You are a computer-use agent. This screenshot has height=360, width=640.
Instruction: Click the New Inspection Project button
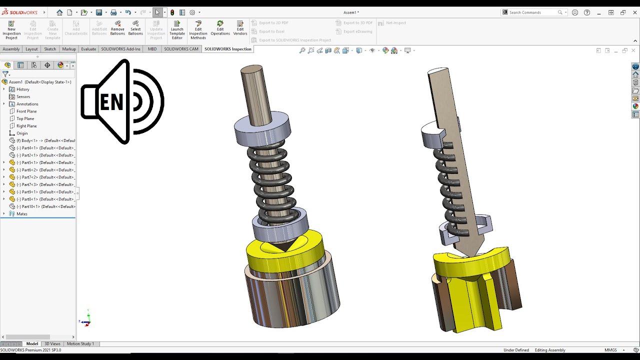pyautogui.click(x=11, y=29)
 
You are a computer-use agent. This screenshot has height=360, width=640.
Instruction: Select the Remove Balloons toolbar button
pyautogui.click(x=117, y=28)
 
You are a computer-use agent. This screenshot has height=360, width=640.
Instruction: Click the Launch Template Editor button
pyautogui.click(x=177, y=29)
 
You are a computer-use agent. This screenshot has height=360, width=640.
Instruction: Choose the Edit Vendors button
pyautogui.click(x=240, y=28)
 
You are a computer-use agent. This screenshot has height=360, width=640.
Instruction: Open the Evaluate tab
pyautogui.click(x=88, y=49)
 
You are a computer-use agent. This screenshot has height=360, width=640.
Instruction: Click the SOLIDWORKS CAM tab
pyautogui.click(x=181, y=49)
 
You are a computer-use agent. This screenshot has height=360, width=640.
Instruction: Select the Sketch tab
pyautogui.click(x=50, y=49)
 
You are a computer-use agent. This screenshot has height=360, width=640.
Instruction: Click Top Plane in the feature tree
pyautogui.click(x=25, y=118)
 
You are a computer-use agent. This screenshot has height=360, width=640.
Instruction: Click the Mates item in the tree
pyautogui.click(x=22, y=214)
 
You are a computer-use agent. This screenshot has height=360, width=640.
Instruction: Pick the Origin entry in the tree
pyautogui.click(x=22, y=133)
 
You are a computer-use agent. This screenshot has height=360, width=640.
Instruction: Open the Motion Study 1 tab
pyautogui.click(x=80, y=344)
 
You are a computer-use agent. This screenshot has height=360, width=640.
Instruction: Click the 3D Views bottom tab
pyautogui.click(x=52, y=344)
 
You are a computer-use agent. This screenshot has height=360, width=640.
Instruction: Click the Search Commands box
pyautogui.click(x=532, y=12)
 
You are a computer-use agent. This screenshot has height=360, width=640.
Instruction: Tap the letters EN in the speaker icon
pyautogui.click(x=111, y=102)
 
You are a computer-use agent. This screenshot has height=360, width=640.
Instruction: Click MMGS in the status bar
pyautogui.click(x=610, y=350)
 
